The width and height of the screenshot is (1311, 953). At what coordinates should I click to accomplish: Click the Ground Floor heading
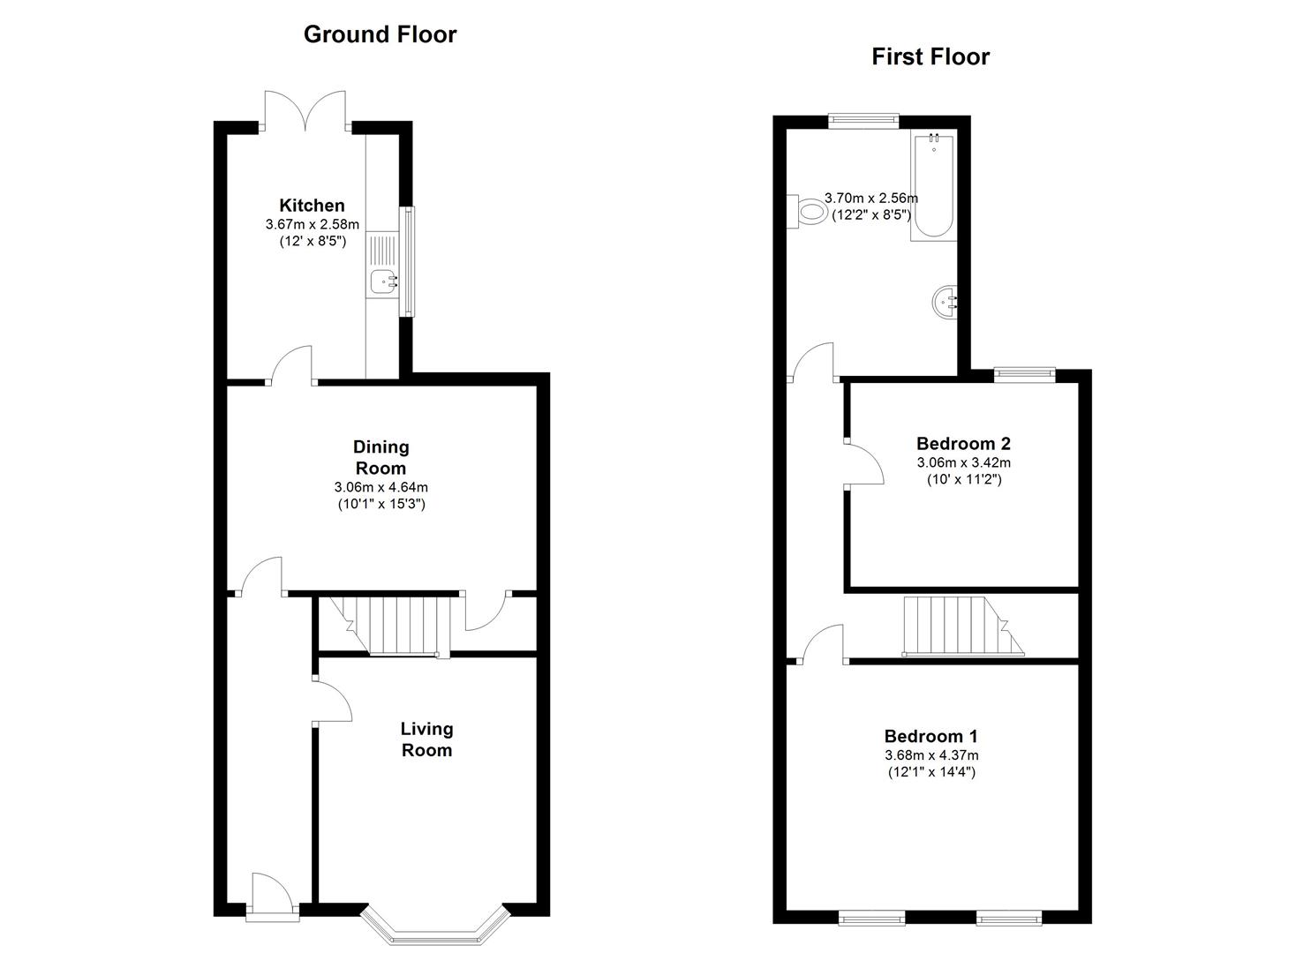(380, 34)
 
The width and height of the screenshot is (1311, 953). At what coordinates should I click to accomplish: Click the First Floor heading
(931, 56)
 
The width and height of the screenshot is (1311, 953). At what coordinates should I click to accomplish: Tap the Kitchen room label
(312, 206)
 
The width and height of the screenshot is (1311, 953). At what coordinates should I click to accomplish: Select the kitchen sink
(384, 282)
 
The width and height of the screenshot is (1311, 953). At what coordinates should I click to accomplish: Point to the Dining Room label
(380, 457)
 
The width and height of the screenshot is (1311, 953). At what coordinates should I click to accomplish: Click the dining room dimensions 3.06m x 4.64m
(380, 487)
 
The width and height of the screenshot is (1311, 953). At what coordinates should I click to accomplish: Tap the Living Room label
(426, 739)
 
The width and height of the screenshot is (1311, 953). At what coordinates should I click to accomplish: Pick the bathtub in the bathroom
(933, 187)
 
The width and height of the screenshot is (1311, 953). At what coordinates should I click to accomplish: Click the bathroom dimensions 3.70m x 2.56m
(870, 199)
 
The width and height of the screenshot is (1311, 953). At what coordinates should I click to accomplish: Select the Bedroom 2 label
(963, 444)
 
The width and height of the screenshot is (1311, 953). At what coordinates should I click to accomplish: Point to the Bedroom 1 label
(931, 736)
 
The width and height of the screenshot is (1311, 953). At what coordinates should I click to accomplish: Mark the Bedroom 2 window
(1024, 374)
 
